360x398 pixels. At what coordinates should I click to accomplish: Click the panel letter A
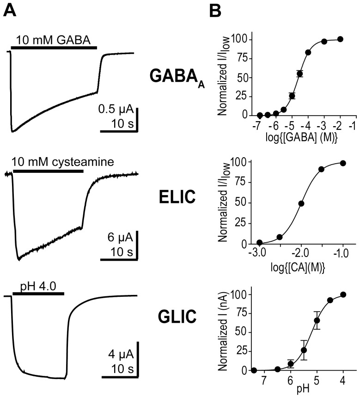click(9, 10)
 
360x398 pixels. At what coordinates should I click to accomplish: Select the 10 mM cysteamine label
click(63, 163)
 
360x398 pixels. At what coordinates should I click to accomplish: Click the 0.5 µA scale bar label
click(116, 110)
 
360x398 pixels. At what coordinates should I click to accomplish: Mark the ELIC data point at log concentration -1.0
click(342, 163)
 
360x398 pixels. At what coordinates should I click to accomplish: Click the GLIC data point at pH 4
click(342, 294)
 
